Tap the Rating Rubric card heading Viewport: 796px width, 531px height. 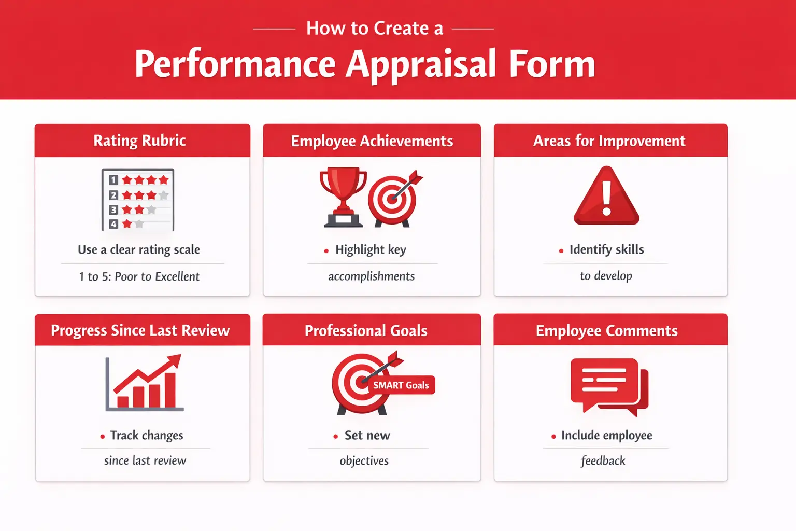point(139,141)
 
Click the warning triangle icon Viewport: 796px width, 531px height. point(606,197)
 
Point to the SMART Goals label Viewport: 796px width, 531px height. point(401,385)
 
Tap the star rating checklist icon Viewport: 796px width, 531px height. point(138,200)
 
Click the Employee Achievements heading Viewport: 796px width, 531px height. point(372,141)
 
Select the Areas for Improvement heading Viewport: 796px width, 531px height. point(609,141)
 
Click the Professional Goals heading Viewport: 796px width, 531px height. point(366,331)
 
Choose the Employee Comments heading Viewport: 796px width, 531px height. point(606,331)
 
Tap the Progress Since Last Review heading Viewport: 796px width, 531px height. point(140,330)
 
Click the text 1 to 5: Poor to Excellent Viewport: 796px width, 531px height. point(139,276)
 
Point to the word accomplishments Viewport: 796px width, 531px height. point(371,276)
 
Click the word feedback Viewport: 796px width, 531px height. point(603,461)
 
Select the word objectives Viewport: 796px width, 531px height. point(364,461)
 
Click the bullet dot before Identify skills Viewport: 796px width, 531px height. point(561,251)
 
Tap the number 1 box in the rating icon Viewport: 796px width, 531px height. point(113,180)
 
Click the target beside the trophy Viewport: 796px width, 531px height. point(393,199)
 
